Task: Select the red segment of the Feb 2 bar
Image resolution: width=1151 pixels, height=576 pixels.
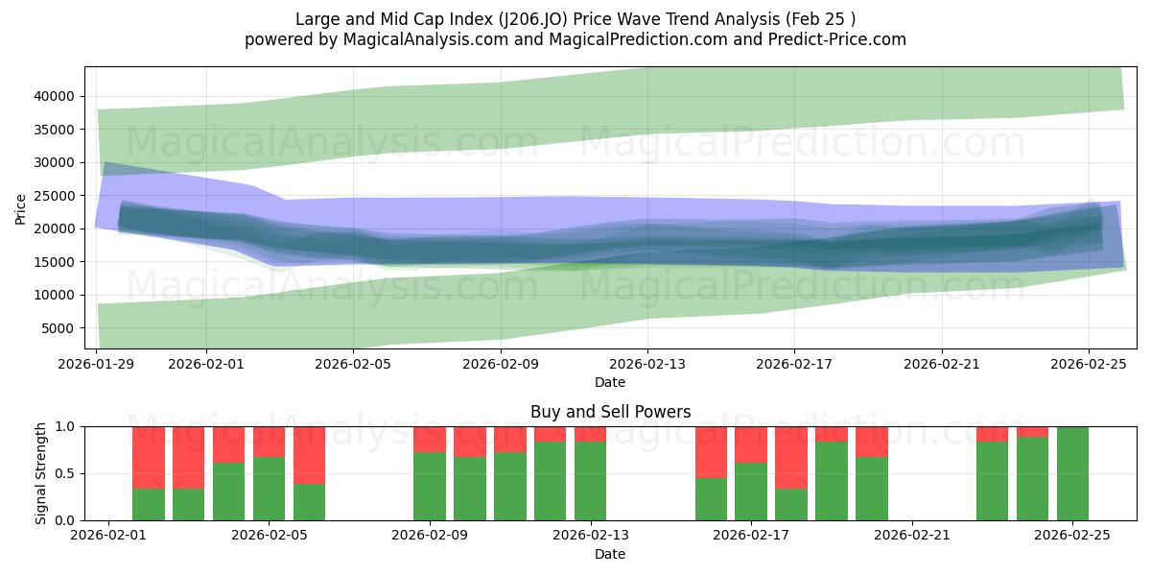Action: [x=149, y=457]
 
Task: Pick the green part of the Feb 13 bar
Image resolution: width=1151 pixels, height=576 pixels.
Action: [x=590, y=481]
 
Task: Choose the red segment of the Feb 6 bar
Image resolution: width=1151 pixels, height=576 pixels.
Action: [x=310, y=455]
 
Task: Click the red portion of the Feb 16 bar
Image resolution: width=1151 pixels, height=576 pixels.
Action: [x=711, y=452]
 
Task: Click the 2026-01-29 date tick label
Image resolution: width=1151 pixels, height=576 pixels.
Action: [x=97, y=364]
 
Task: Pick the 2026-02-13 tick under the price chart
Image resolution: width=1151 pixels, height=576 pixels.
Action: [x=647, y=364]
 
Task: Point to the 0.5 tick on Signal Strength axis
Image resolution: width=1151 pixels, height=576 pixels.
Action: [x=67, y=473]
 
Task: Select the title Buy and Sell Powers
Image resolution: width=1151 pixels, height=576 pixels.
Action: [x=610, y=412]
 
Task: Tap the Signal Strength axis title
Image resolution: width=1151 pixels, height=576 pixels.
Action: [x=39, y=473]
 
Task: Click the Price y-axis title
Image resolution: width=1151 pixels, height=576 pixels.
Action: [x=21, y=208]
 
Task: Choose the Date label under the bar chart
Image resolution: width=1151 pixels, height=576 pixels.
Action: [x=610, y=554]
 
